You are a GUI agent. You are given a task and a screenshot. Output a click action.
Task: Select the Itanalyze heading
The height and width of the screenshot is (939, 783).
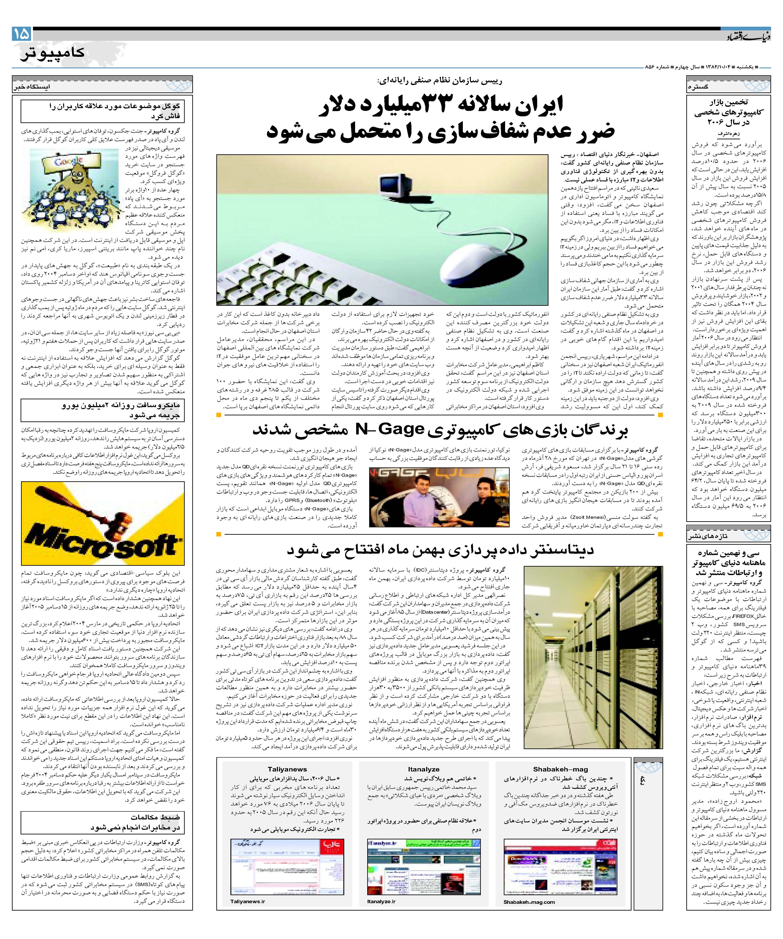click(423, 769)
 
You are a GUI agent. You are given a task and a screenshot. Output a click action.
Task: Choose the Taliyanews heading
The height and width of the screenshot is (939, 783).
click(287, 769)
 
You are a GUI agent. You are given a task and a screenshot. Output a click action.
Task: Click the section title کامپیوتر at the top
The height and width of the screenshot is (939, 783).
click(52, 53)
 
